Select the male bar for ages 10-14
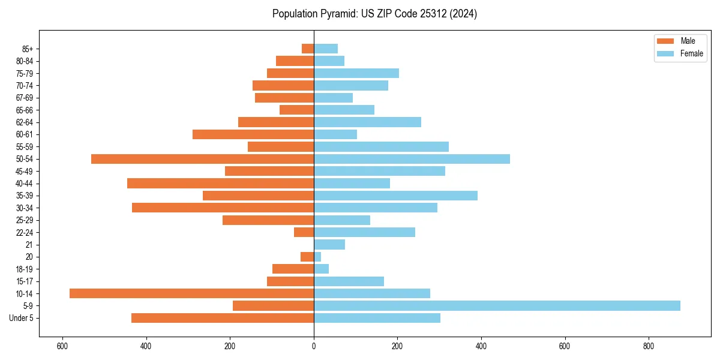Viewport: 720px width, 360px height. [x=191, y=293]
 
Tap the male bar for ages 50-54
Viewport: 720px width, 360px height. [x=202, y=159]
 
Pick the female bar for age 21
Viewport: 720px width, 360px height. [x=329, y=244]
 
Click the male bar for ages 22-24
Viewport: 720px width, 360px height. [x=304, y=232]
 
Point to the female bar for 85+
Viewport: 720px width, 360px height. [x=326, y=49]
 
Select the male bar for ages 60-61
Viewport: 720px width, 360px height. [x=253, y=134]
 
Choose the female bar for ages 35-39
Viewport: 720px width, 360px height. [x=395, y=196]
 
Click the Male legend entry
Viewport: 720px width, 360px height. [x=688, y=41]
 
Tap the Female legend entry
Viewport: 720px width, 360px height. [x=691, y=53]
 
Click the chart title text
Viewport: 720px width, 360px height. [x=374, y=14]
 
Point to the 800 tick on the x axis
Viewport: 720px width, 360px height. [x=648, y=346]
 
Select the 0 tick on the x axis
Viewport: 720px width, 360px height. [x=314, y=346]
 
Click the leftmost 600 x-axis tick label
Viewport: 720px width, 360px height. [x=62, y=346]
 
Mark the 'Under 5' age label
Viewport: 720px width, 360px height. [x=21, y=318]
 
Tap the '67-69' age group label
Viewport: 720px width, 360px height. [x=25, y=98]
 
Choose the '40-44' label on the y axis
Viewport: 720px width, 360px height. [x=25, y=184]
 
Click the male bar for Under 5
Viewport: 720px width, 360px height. [x=223, y=318]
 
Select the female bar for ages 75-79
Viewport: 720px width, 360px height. [x=356, y=73]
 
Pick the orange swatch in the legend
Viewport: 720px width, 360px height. [x=665, y=41]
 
